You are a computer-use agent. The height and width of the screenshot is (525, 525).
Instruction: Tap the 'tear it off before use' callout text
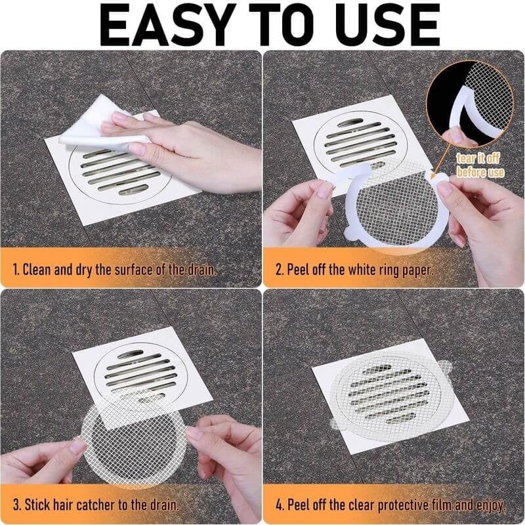pyautogui.click(x=481, y=165)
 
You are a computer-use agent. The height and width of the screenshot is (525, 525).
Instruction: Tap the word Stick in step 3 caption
pyautogui.click(x=39, y=507)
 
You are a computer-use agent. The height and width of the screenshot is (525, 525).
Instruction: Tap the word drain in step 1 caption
pyautogui.click(x=200, y=269)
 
